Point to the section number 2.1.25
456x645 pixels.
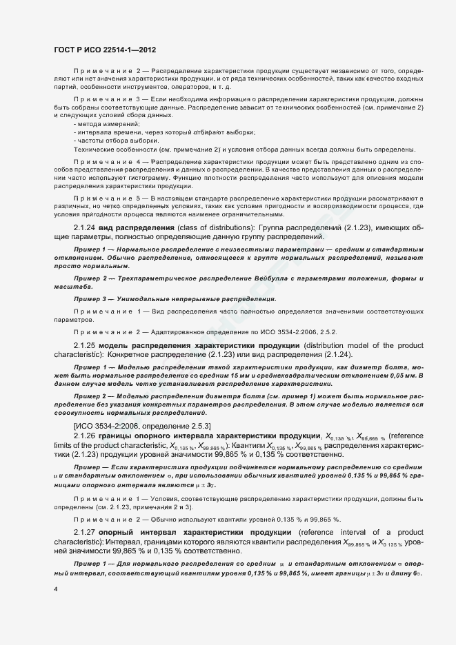[86, 345]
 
